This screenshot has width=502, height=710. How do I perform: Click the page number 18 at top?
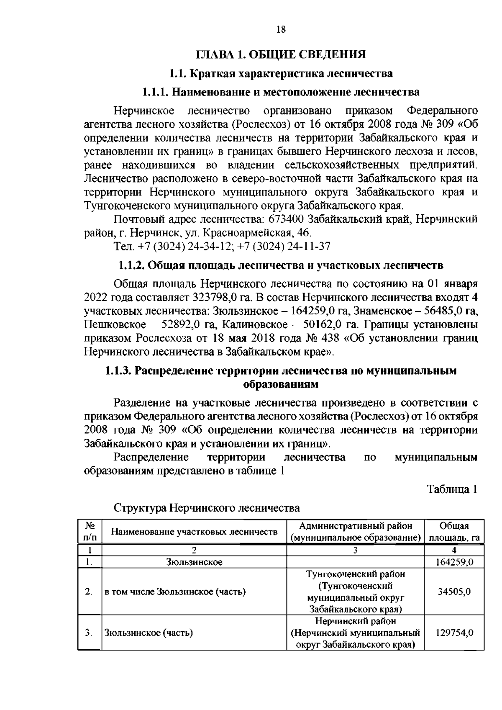coord(281,29)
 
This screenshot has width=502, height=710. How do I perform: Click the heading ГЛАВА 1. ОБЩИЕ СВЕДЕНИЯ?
coord(281,54)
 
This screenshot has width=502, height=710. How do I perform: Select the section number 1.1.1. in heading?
coord(156,92)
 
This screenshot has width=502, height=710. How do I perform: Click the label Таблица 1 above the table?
coord(452,489)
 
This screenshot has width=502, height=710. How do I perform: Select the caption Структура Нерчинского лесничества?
coord(207,508)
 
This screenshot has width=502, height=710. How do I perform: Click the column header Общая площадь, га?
coord(454,532)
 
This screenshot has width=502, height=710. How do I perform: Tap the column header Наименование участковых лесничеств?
coord(194,532)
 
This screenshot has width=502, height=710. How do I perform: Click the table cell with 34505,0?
coord(454,592)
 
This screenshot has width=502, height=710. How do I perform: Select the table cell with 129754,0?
coord(454,633)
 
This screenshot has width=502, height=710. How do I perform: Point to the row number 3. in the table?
coord(88,633)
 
